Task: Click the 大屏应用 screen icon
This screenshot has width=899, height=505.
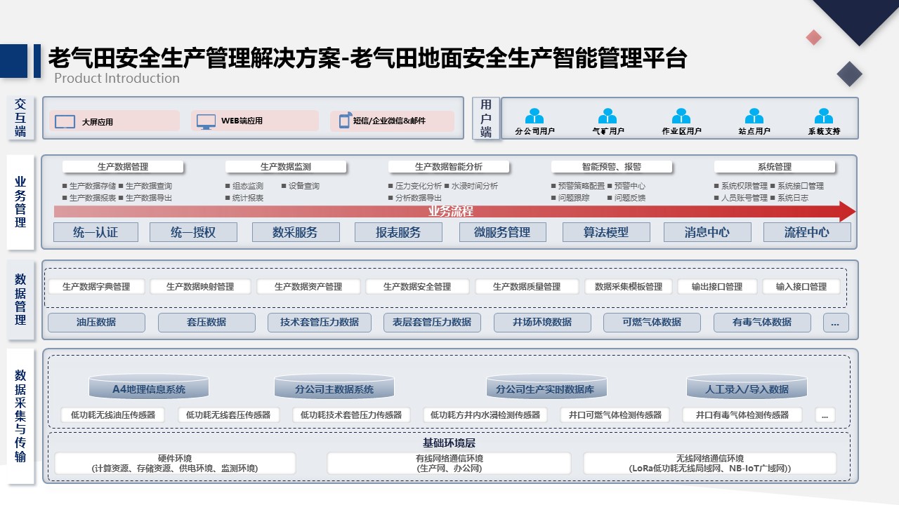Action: (65, 121)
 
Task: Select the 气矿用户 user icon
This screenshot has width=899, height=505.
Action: (608, 116)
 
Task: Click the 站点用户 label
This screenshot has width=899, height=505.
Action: (754, 131)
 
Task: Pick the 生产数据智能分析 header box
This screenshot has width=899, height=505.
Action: (449, 167)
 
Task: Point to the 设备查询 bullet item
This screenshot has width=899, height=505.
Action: (301, 186)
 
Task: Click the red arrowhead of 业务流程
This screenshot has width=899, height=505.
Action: (847, 211)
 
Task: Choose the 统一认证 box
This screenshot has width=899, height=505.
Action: (96, 232)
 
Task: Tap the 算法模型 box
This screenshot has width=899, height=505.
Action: (606, 232)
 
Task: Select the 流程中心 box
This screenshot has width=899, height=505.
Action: (807, 232)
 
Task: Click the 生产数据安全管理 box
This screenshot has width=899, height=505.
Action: (417, 287)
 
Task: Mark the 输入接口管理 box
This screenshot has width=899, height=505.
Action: (801, 287)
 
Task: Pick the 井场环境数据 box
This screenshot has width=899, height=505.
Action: (542, 322)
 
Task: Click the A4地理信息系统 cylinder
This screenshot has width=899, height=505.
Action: (148, 386)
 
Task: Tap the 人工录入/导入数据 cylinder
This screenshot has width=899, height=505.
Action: (747, 386)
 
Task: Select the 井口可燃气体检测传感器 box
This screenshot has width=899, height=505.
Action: (615, 415)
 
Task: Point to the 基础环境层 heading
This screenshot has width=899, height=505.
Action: (449, 443)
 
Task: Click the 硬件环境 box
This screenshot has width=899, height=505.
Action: (175, 464)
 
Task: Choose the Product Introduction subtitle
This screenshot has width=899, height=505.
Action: (117, 78)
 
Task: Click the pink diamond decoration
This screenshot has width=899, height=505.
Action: (813, 37)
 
